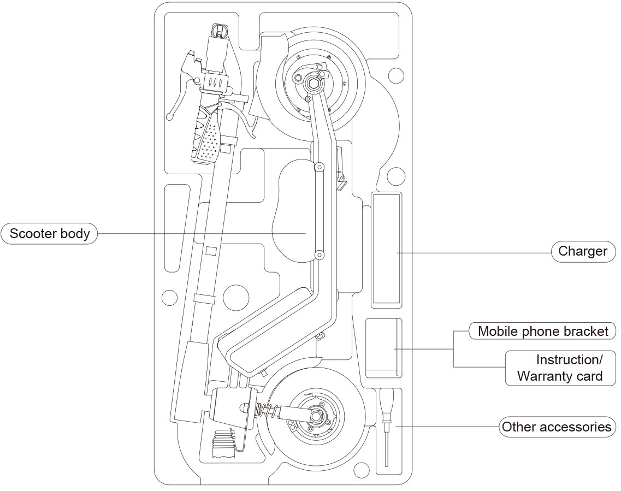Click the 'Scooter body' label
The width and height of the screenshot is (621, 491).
click(x=50, y=234)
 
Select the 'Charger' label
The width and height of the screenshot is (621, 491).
click(x=582, y=251)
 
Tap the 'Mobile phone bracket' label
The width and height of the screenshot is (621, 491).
click(x=542, y=331)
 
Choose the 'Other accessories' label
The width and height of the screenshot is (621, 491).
click(x=557, y=427)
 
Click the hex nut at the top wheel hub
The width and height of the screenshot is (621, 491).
click(x=314, y=84)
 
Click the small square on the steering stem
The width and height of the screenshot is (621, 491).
click(x=212, y=251)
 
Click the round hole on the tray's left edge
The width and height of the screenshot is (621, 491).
click(x=170, y=298)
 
